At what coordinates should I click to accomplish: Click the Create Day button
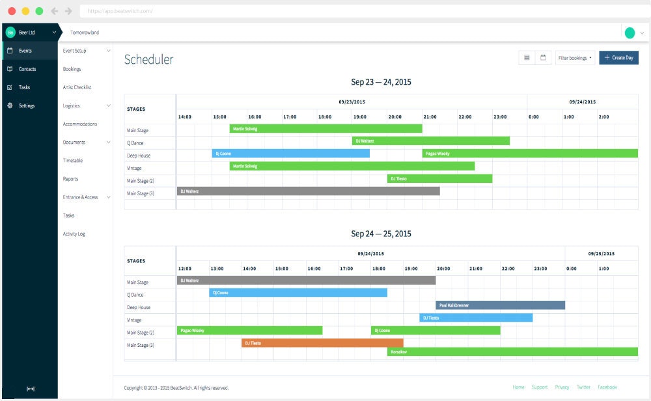coord(618,58)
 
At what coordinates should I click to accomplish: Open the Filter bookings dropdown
coord(575,58)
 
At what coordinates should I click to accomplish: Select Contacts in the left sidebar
coord(27,69)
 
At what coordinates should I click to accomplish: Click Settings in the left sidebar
coord(27,105)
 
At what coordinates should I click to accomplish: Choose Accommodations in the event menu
coord(80,124)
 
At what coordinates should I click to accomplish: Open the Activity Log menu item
coord(74,234)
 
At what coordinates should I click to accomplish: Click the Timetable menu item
coord(73,160)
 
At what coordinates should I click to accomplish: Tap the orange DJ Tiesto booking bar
coord(322,342)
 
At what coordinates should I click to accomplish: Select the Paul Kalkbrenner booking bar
coord(500,305)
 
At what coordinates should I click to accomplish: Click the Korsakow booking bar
coord(512,352)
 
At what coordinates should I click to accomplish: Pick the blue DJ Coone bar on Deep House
coord(291,154)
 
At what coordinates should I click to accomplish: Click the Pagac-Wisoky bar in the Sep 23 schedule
coord(530,154)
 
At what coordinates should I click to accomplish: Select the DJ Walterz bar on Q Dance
coord(430,141)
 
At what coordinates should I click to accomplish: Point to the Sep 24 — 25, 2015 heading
coord(381,234)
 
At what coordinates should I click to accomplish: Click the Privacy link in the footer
coord(562,387)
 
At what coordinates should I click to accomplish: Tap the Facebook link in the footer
coord(607,387)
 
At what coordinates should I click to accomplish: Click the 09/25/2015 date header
coord(601,253)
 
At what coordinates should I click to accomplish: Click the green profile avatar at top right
coord(630,33)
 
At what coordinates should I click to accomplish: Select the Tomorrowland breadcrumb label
coord(85,33)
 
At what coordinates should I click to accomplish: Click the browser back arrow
coord(54,11)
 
